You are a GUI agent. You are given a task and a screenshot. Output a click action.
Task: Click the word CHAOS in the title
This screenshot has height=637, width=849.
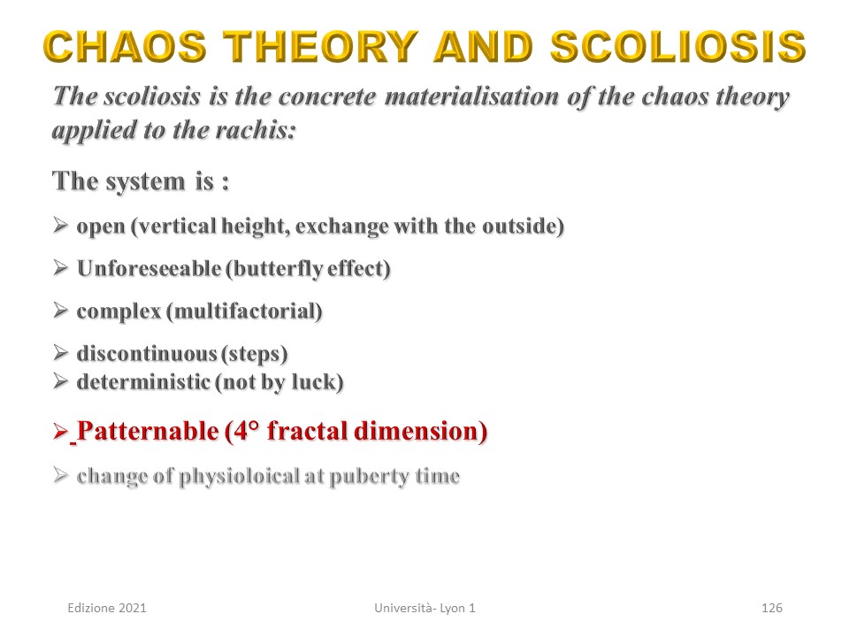125,47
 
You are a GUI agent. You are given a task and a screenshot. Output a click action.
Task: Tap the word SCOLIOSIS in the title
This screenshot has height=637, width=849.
678,47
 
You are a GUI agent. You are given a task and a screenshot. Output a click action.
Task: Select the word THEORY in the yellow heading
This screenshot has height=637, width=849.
320,47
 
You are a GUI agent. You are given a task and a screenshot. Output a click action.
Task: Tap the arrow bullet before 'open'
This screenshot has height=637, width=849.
61,225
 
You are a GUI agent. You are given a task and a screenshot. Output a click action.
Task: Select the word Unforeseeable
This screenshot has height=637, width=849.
149,268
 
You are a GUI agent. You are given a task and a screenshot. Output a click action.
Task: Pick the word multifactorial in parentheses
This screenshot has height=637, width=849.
244,311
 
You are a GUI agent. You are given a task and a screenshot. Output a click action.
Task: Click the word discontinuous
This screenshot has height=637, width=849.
147,354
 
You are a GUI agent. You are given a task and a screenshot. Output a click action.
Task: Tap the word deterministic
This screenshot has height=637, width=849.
143,382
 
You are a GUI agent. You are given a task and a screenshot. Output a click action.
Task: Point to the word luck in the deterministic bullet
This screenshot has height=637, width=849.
314,382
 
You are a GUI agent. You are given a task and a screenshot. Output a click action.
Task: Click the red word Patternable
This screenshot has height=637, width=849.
148,431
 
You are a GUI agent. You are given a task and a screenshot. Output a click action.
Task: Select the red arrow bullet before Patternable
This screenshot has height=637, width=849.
61,432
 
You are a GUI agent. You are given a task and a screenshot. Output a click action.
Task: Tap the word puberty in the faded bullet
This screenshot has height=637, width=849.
369,477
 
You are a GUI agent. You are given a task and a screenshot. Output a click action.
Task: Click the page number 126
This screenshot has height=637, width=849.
771,608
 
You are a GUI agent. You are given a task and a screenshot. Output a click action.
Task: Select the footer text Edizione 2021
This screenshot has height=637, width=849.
107,608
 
